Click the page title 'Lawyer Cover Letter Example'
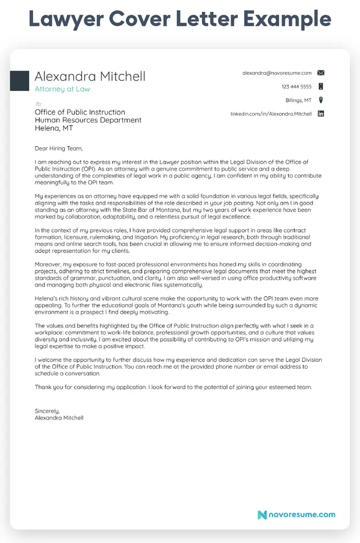tap(179, 19)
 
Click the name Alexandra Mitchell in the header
tap(90, 76)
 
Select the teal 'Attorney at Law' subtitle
tap(62, 89)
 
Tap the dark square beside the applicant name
tap(19, 81)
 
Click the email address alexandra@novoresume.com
tap(277, 73)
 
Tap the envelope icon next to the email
tap(321, 73)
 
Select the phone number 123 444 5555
tap(296, 87)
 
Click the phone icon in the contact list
tap(321, 87)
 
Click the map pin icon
tap(321, 100)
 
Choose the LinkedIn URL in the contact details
tap(271, 114)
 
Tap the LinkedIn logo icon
tap(321, 114)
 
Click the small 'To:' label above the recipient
tap(38, 104)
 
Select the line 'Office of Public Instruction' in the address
tap(80, 112)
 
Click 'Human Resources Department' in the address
tap(88, 120)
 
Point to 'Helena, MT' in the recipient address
tap(54, 128)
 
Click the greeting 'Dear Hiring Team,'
tap(58, 149)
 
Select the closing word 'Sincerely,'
tap(47, 411)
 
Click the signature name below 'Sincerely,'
tap(59, 418)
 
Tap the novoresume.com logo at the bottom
tap(296, 514)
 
